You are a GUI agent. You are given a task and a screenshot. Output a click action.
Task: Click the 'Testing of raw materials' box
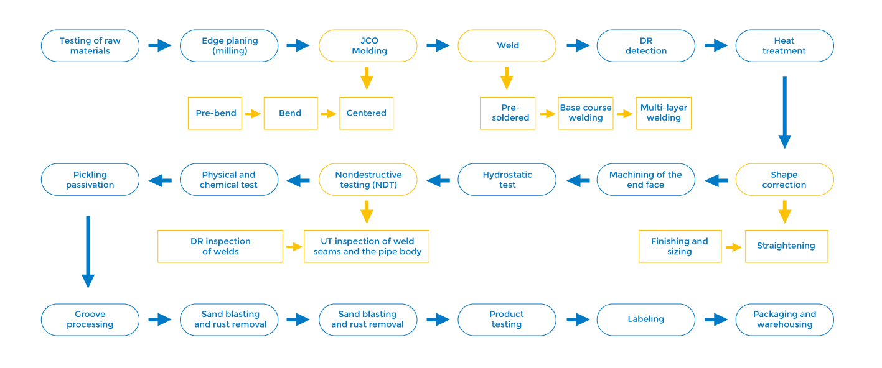click(x=90, y=45)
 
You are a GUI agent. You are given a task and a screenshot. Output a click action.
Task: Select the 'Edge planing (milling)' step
click(x=229, y=45)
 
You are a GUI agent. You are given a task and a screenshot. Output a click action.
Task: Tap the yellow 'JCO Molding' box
click(x=368, y=45)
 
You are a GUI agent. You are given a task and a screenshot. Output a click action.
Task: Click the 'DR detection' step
click(x=645, y=45)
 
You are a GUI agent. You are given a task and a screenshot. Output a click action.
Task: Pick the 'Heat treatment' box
click(x=784, y=45)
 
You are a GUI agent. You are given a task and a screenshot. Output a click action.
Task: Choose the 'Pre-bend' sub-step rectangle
click(x=215, y=113)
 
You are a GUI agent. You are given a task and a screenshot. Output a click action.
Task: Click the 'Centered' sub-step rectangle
click(x=367, y=113)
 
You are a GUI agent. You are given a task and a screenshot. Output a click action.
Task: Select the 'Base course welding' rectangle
click(x=586, y=113)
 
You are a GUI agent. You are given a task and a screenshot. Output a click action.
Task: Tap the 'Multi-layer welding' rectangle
click(x=664, y=113)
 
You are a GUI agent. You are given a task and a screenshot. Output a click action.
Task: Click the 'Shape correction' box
click(x=784, y=180)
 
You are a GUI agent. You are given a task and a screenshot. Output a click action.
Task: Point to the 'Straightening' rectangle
click(x=786, y=246)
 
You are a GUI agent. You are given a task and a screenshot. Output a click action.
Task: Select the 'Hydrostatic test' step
click(x=507, y=180)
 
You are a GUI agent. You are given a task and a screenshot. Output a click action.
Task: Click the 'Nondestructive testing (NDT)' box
click(x=368, y=180)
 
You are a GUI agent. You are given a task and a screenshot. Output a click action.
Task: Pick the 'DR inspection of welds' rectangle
click(x=220, y=246)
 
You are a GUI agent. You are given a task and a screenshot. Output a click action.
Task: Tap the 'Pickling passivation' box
click(x=90, y=180)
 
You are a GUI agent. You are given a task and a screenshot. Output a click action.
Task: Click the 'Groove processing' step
click(x=90, y=320)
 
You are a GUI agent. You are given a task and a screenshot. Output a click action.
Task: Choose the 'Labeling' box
click(x=645, y=320)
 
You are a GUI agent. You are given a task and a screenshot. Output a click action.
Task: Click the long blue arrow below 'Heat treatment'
click(x=784, y=112)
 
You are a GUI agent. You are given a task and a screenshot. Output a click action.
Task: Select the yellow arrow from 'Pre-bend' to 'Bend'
click(x=253, y=114)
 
